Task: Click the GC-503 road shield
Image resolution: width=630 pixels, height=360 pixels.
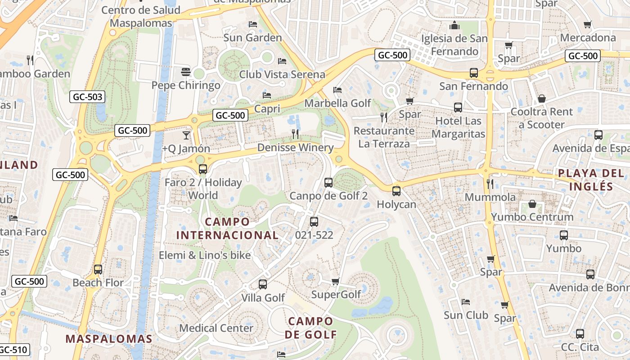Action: point(87,97)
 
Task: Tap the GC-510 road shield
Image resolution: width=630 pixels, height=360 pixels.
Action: point(13,350)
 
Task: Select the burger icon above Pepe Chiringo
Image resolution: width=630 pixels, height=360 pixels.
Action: point(185,72)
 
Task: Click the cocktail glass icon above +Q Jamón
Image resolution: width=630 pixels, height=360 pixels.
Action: point(186,135)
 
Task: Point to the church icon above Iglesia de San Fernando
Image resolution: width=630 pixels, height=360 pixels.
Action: point(454,25)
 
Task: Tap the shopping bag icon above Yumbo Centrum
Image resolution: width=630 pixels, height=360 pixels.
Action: point(532,204)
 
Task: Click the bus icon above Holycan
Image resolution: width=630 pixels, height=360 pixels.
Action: point(396,191)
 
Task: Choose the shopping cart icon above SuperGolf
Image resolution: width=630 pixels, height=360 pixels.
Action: point(335,282)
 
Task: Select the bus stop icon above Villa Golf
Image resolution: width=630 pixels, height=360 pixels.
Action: point(263,284)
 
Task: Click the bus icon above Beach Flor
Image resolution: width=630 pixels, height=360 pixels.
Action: point(98,270)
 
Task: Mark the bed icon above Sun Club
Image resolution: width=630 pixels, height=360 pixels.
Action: point(466,301)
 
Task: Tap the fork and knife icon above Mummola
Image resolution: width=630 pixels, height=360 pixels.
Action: point(490,184)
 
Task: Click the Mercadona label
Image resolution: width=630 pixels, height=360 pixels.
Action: point(588,38)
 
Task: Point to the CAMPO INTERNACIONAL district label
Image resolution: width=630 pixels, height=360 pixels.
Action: point(227,228)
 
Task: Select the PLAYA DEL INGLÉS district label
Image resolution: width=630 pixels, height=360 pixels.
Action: point(585,180)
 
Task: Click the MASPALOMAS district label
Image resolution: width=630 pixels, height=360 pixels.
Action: point(109,339)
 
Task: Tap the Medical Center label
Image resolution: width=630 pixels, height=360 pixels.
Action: point(216,328)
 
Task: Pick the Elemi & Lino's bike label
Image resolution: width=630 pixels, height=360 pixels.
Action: point(205,255)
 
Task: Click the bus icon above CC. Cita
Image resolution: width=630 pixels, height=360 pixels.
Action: point(580,334)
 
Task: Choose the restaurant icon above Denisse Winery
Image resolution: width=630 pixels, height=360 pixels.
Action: point(295,134)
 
